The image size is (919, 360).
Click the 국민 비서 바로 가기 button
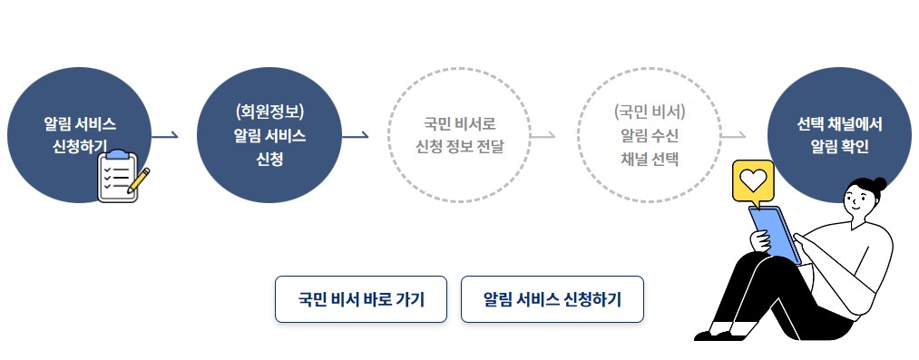[361, 299]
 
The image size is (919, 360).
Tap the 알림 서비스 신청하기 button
[552, 299]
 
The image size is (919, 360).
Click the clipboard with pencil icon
[121, 177]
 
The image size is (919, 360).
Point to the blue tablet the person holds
[774, 234]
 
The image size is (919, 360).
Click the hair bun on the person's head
[878, 184]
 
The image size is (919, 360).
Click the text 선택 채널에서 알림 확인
[839, 134]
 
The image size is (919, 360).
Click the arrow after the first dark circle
[164, 136]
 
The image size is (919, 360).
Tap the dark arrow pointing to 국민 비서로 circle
[355, 136]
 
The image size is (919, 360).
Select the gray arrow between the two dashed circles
[543, 136]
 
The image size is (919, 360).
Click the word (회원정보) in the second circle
[269, 112]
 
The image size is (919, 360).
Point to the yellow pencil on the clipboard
[138, 179]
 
